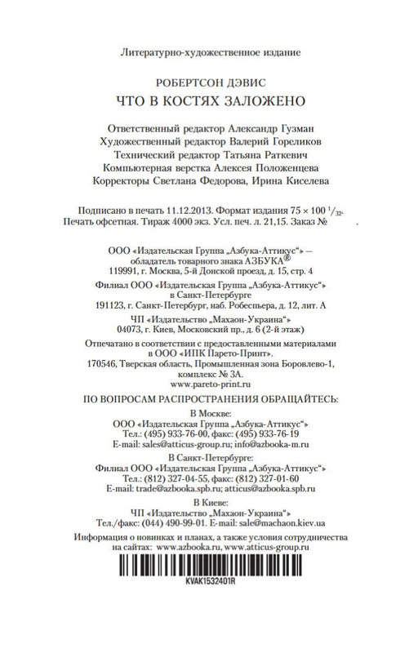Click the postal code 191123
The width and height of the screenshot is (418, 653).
[x=109, y=304]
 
